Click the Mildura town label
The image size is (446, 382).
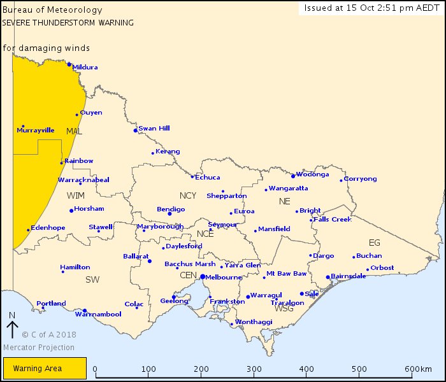[x=85, y=67]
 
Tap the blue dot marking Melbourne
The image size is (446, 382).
[x=202, y=277]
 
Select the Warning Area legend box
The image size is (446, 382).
[x=45, y=368]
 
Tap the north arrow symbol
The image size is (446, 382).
[x=12, y=327]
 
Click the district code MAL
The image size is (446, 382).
[x=74, y=131]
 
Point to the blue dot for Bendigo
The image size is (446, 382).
[x=169, y=213]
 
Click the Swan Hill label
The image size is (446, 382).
[x=154, y=128]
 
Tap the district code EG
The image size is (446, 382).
[x=374, y=243]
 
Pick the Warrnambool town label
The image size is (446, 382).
[x=98, y=315]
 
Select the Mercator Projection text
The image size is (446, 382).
[x=38, y=348]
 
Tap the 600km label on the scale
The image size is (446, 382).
[x=418, y=369]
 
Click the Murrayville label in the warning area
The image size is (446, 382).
[x=36, y=131]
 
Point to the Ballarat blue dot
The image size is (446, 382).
[x=150, y=261]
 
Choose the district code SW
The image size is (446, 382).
[x=92, y=279]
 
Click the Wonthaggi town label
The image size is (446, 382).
[x=254, y=322]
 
